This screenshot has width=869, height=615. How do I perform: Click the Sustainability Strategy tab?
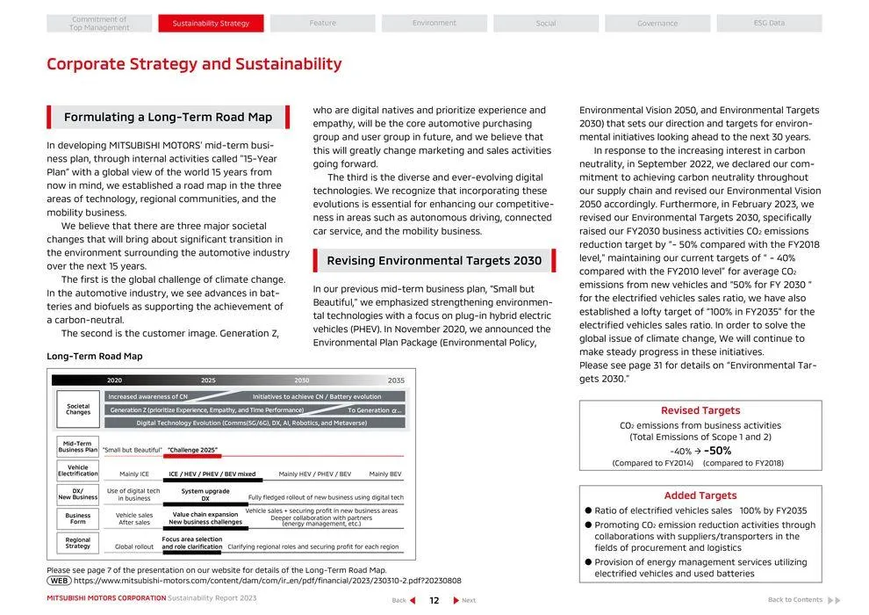(211, 23)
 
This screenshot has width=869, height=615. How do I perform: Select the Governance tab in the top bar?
(657, 23)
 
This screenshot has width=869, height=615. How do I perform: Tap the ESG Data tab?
(769, 23)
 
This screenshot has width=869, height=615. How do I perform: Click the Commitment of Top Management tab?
(99, 24)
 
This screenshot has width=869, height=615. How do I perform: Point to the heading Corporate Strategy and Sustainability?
(194, 64)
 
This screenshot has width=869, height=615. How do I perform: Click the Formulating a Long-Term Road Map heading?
(168, 117)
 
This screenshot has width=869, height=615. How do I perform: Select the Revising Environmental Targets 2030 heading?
(434, 260)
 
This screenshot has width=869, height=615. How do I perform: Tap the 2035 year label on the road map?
(396, 380)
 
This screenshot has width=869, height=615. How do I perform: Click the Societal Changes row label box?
(78, 409)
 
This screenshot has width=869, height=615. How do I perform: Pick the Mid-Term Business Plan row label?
(78, 446)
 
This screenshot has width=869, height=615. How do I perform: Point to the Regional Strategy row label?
(78, 543)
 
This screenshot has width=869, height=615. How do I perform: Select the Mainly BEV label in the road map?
(385, 474)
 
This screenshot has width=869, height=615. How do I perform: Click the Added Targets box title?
(700, 496)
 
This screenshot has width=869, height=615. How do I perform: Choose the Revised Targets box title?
(700, 410)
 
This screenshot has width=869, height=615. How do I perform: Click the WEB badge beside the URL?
(59, 581)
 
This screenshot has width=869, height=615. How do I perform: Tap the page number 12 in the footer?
(434, 600)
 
